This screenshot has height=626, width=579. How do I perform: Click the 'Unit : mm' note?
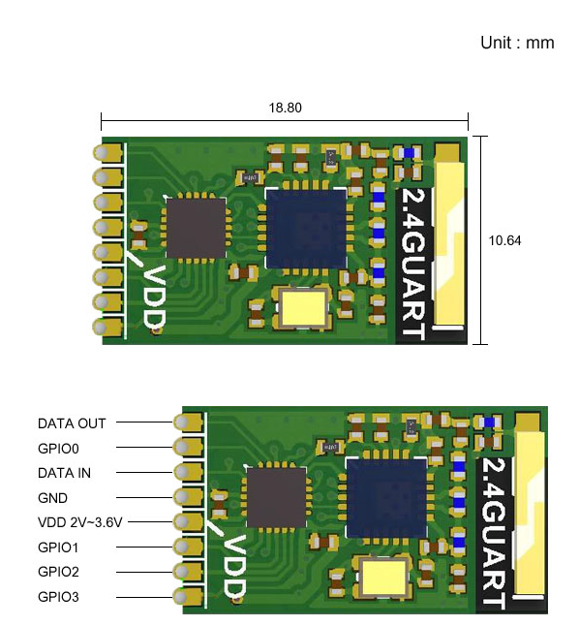tap(517, 43)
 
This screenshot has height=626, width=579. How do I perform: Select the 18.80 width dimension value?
tap(285, 108)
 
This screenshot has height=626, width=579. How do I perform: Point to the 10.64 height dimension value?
tap(504, 240)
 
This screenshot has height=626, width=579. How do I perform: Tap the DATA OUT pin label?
tap(72, 423)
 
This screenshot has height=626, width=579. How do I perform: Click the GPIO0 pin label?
tap(58, 449)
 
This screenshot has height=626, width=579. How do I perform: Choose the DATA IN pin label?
tap(64, 473)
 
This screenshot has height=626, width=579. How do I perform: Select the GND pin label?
tap(52, 498)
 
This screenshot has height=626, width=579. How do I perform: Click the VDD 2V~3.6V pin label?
tap(79, 522)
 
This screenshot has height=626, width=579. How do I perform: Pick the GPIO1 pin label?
tap(58, 548)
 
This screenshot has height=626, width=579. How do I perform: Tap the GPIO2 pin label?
tap(58, 572)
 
